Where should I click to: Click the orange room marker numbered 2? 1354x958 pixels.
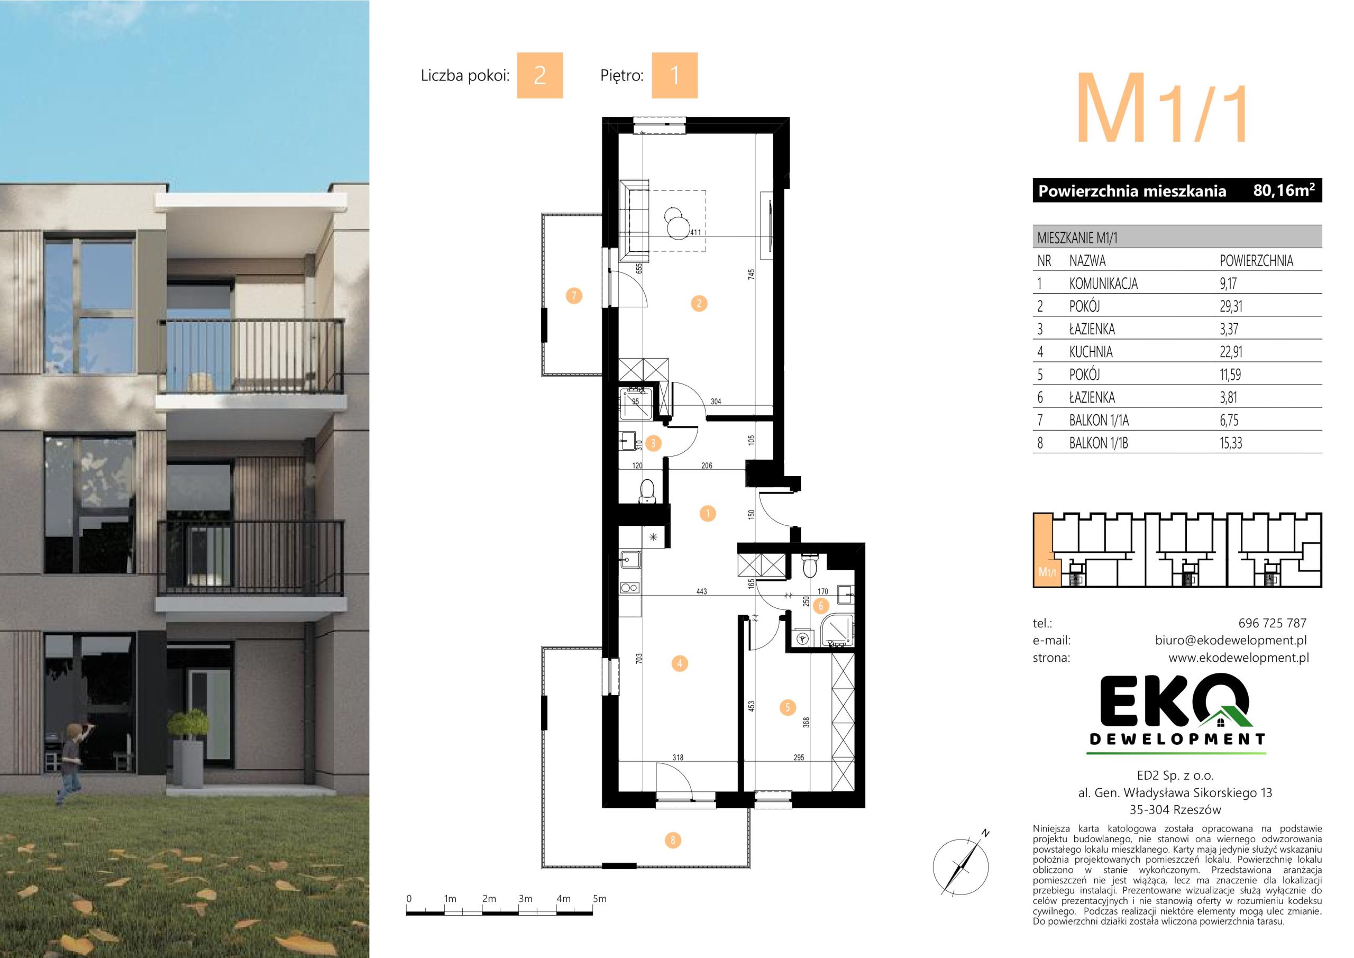coord(699,304)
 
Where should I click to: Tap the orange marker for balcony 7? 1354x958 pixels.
coord(573,296)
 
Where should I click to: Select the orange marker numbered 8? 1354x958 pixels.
coord(673,840)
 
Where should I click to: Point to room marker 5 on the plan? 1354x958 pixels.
coord(788,707)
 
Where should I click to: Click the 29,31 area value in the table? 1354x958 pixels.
coord(1231,306)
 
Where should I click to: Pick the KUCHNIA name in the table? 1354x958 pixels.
coord(1091,352)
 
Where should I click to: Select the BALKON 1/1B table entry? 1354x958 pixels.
coord(1099,443)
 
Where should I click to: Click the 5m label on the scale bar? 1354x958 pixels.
coord(599,899)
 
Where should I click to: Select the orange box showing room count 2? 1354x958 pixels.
coord(539,76)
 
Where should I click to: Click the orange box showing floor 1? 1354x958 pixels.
coord(675,76)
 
